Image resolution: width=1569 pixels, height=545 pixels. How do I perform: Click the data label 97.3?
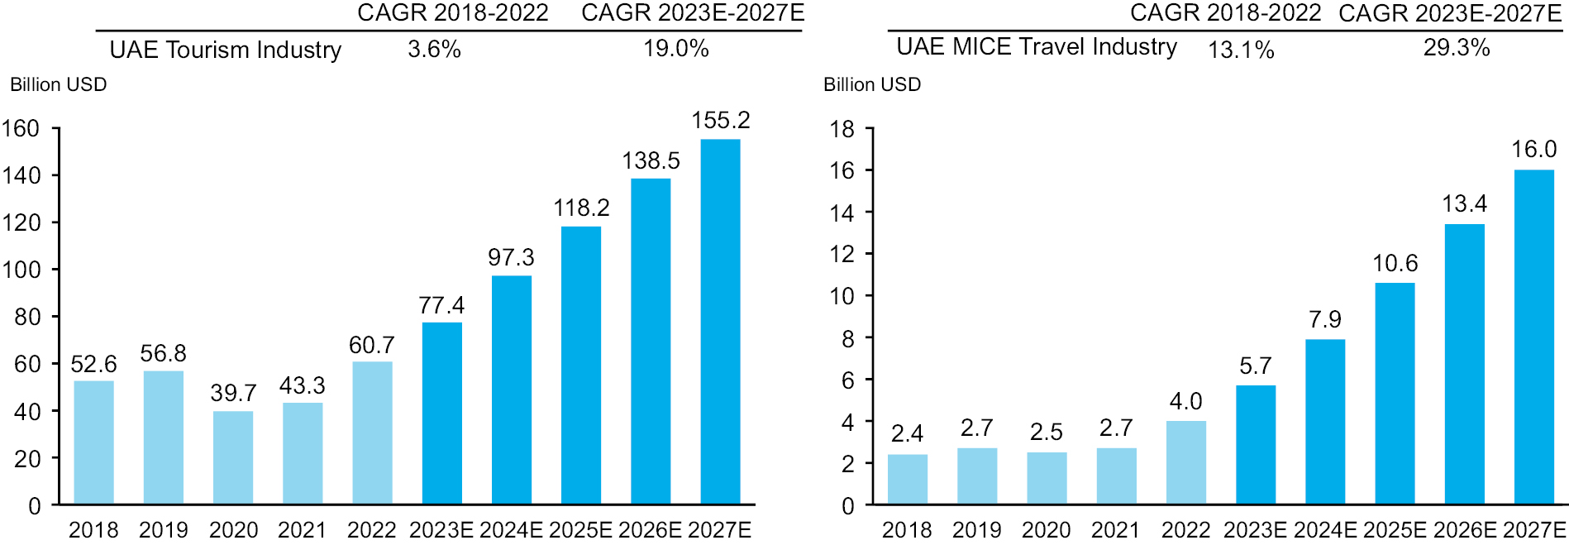click(x=511, y=257)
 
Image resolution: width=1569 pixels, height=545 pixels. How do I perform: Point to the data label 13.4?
click(x=1464, y=203)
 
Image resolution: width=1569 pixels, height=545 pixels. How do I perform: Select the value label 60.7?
click(x=372, y=345)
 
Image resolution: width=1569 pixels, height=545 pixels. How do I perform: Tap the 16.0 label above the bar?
click(x=1533, y=150)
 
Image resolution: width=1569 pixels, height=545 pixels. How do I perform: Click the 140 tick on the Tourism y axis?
click(x=21, y=175)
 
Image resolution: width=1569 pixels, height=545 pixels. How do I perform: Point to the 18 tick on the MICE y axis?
click(x=842, y=129)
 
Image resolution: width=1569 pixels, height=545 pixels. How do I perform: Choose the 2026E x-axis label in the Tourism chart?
click(x=651, y=529)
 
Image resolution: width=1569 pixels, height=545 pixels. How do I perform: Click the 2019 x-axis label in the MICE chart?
click(x=976, y=529)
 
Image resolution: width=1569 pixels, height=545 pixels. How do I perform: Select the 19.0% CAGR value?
click(x=676, y=49)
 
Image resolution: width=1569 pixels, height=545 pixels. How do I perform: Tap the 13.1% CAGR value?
click(x=1241, y=50)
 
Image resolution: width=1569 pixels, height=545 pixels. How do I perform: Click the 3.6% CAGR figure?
click(x=434, y=49)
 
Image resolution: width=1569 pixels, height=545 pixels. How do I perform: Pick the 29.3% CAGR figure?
click(x=1456, y=48)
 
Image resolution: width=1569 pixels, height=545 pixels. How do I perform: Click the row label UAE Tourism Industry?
click(x=226, y=50)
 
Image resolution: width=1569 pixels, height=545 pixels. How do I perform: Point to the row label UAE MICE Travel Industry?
click(x=1037, y=47)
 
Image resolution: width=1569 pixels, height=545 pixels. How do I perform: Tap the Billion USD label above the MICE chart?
click(x=872, y=84)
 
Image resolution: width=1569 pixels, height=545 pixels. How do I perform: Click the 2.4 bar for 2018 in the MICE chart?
click(x=907, y=479)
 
